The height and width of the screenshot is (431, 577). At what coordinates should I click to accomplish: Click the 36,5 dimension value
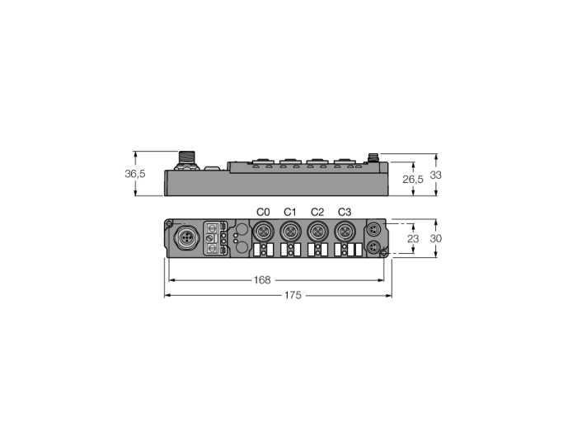click(135, 174)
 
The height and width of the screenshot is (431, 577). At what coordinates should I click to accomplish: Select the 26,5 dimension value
click(413, 180)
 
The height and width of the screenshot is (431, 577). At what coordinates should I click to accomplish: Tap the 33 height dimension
click(436, 175)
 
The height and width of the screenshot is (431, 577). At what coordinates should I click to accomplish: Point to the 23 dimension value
click(413, 239)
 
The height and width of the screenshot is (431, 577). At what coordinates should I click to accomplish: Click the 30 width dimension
click(436, 239)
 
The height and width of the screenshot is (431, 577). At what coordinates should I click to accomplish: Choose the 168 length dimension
click(262, 280)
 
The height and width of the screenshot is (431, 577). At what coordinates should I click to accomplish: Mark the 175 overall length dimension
click(293, 295)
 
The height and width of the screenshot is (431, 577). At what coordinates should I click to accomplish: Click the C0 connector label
click(263, 212)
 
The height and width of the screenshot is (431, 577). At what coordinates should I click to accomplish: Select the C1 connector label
click(290, 212)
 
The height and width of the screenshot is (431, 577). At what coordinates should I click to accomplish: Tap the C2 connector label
click(317, 212)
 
